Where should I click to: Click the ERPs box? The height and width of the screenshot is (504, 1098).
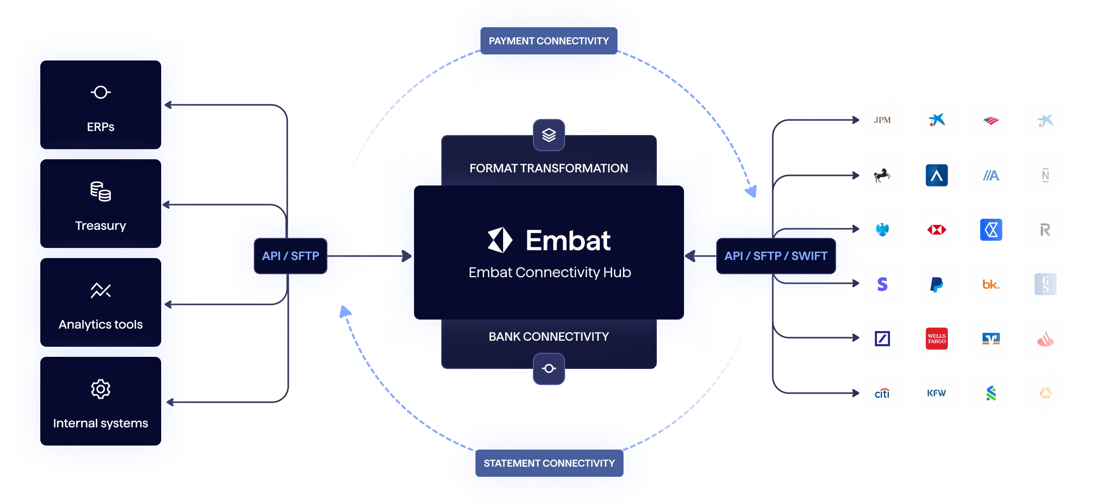101,105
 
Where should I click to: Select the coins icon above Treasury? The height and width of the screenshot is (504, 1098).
101,192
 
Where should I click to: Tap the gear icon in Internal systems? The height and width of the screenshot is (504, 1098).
101,389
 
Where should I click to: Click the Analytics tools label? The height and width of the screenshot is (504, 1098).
101,324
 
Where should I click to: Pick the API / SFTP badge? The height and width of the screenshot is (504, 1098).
291,256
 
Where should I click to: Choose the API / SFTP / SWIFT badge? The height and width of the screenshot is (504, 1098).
776,256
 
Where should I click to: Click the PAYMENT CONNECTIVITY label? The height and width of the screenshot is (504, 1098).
549,41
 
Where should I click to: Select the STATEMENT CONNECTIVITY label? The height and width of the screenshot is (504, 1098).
550,463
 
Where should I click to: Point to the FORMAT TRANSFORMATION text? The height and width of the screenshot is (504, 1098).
549,168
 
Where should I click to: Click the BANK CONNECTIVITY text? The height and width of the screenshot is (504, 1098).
549,337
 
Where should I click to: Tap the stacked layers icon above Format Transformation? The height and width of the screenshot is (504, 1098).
549,135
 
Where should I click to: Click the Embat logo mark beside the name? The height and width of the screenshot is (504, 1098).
500,240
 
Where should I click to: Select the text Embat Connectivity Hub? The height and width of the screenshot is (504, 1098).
550,272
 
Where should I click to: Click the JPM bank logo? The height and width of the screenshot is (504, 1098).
882,120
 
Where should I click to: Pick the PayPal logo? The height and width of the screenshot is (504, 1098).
937,284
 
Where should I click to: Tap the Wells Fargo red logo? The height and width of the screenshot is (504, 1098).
937,339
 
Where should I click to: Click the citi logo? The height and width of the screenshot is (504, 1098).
882,393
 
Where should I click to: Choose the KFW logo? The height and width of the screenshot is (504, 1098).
937,393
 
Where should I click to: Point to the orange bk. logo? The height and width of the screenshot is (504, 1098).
991,284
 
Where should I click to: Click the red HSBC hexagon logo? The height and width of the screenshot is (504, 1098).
937,230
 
